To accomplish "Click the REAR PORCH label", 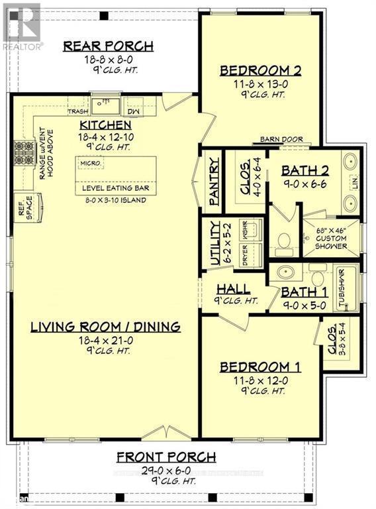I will click(109, 46).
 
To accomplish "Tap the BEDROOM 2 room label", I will click(261, 70).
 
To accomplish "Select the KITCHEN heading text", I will click(105, 125).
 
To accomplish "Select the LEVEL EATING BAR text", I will click(115, 188).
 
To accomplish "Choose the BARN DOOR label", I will click(281, 140).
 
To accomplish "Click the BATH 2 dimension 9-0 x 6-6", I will click(304, 186).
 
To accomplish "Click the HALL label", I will click(233, 289).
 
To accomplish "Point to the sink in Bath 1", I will click(287, 272).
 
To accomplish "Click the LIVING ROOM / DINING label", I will click(105, 326).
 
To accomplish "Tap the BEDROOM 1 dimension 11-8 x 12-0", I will click(255, 380).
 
